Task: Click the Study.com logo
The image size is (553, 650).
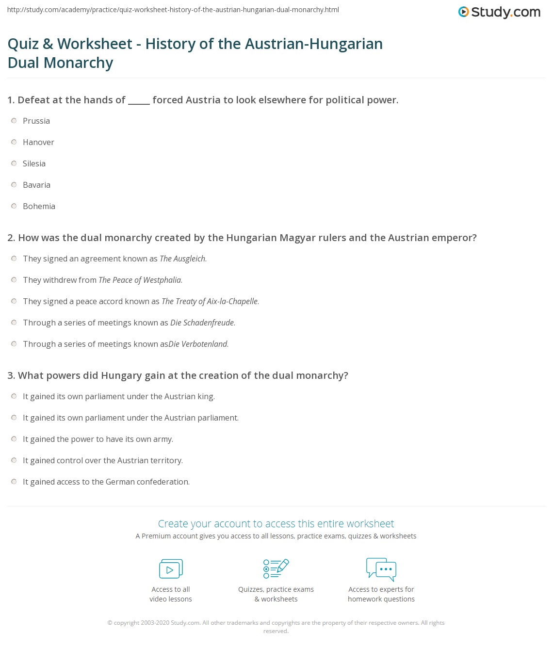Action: [x=499, y=12]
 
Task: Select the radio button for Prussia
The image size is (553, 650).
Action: [x=14, y=121]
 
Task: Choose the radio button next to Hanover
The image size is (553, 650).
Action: [x=14, y=142]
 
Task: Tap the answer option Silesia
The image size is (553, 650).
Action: [x=34, y=163]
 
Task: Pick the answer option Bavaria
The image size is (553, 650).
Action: [x=36, y=185]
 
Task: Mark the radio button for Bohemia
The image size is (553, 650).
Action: [x=14, y=206]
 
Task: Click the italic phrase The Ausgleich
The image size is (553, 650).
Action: [x=183, y=259]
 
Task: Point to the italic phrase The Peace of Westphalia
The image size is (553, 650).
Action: [x=140, y=280]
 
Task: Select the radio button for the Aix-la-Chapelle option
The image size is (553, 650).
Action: [x=14, y=301]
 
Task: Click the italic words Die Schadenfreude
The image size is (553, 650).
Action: [x=202, y=323]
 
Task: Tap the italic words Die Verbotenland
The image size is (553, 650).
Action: [x=198, y=344]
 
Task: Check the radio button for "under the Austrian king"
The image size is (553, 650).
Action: [x=14, y=396]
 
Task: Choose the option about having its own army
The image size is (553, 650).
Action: [x=98, y=439]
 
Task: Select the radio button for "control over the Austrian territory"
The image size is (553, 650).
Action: [x=14, y=460]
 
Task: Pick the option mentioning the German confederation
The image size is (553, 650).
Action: [x=106, y=482]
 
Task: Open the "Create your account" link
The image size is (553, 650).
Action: [x=276, y=524]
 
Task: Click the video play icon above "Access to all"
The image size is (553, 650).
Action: [x=171, y=569]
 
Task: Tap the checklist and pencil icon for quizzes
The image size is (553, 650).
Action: [x=276, y=569]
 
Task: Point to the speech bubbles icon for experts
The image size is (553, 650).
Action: [x=381, y=569]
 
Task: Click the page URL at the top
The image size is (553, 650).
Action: [x=173, y=10]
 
